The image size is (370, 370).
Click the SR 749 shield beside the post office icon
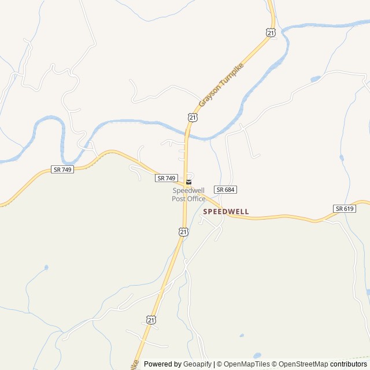(166, 179)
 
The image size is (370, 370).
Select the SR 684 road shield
(226, 190)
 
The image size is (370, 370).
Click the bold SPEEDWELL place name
(226, 212)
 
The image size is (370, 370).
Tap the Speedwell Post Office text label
(188, 195)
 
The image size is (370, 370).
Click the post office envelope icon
(188, 182)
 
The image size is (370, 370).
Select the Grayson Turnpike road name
(221, 84)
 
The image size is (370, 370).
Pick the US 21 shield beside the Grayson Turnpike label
(193, 117)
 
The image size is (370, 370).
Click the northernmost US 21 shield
(271, 33)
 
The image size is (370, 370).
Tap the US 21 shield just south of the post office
(183, 232)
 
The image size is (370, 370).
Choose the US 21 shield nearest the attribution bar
(151, 319)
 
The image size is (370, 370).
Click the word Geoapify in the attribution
(197, 364)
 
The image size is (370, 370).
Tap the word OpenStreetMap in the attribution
(304, 364)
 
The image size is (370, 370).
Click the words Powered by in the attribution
(162, 364)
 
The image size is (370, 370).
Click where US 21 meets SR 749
(185, 183)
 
